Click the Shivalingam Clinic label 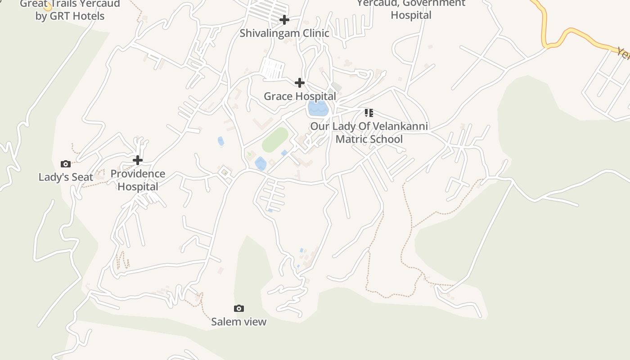pyautogui.click(x=284, y=33)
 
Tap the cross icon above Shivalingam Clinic pyautogui.click(x=284, y=20)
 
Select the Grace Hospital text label pyautogui.click(x=300, y=96)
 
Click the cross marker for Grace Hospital pyautogui.click(x=299, y=83)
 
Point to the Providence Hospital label pyautogui.click(x=138, y=180)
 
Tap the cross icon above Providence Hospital pyautogui.click(x=138, y=160)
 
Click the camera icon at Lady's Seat pyautogui.click(x=66, y=164)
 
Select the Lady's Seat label pyautogui.click(x=66, y=177)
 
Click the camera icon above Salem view pyautogui.click(x=239, y=308)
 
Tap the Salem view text pyautogui.click(x=239, y=322)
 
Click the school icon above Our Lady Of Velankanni pyautogui.click(x=369, y=112)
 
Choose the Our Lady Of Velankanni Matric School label pyautogui.click(x=369, y=133)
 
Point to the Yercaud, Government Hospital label pyautogui.click(x=411, y=9)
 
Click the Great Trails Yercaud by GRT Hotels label pyautogui.click(x=70, y=10)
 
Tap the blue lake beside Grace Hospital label pyautogui.click(x=318, y=108)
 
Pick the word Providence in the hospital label pyautogui.click(x=138, y=174)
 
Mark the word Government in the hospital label pyautogui.click(x=434, y=4)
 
